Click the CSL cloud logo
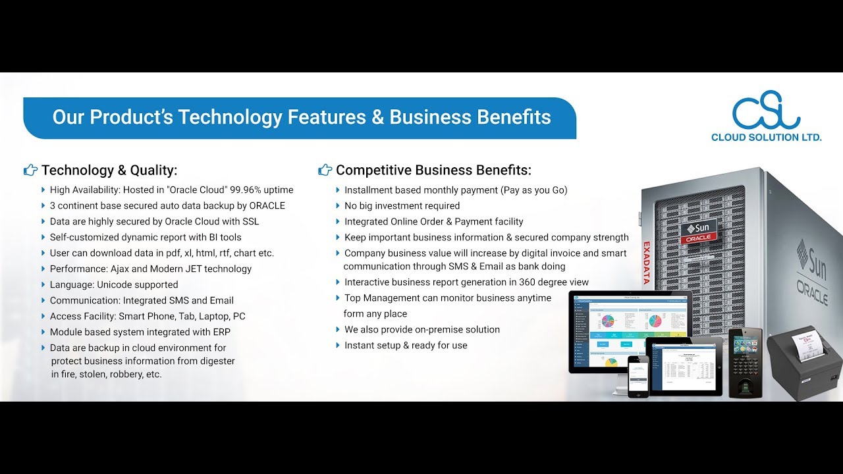(x=766, y=113)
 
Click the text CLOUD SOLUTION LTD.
(x=766, y=138)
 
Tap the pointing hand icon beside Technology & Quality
(x=30, y=171)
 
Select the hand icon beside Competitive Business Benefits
(x=325, y=171)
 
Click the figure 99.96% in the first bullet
(x=244, y=190)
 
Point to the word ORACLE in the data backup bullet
(x=267, y=205)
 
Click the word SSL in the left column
(x=250, y=221)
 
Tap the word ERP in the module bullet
(x=221, y=332)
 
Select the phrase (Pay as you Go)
(x=534, y=190)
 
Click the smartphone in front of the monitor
(x=638, y=376)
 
